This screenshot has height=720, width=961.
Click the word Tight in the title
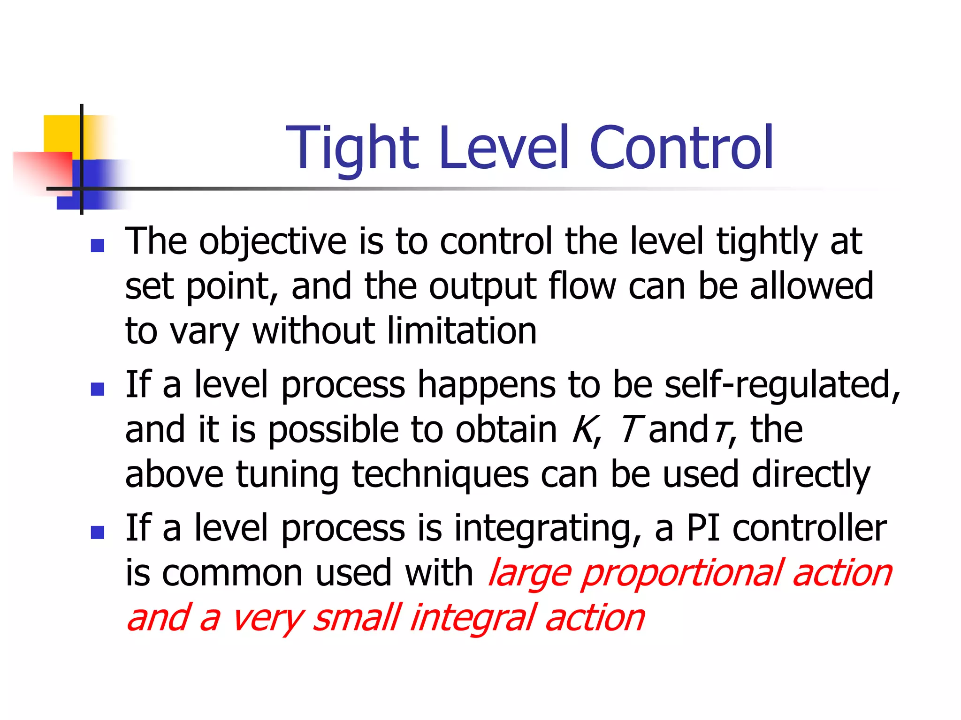click(x=352, y=148)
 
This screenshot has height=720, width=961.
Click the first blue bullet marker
click(x=98, y=246)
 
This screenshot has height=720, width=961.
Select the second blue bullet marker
click(x=98, y=389)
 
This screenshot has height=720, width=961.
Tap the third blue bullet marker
click(x=98, y=532)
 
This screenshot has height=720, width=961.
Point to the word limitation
click(x=462, y=331)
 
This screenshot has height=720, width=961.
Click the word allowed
click(x=811, y=286)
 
